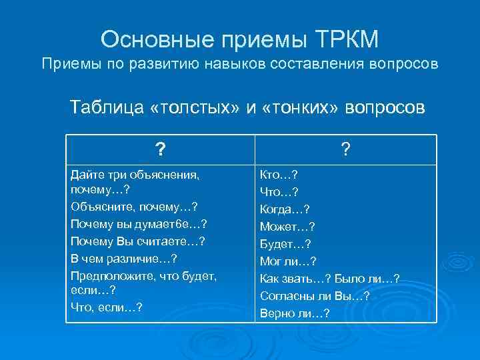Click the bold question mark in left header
tap(160, 150)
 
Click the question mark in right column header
tap(345, 150)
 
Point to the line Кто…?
tap(279, 175)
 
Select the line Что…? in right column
tap(279, 192)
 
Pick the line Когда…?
tap(285, 209)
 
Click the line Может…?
tap(287, 227)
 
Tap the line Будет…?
tap(285, 244)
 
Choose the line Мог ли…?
tap(288, 261)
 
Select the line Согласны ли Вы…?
tap(315, 296)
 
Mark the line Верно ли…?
tap(295, 313)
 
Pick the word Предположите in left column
tap(107, 275)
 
